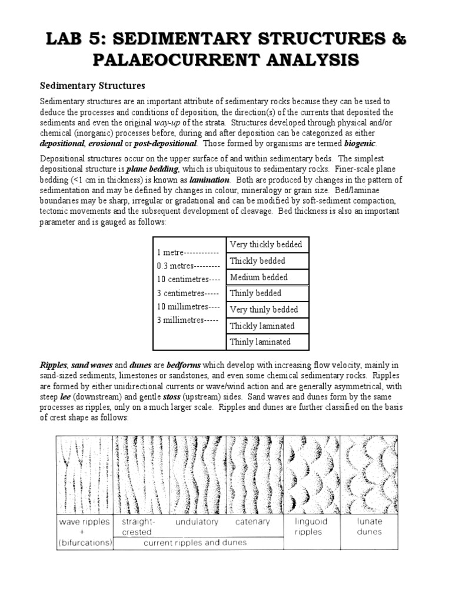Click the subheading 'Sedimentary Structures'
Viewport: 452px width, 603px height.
[92, 86]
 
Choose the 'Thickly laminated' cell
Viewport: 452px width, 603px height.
[262, 326]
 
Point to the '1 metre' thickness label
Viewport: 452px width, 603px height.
[188, 252]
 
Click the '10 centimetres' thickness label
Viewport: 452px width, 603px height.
[189, 279]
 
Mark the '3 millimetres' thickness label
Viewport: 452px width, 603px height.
[187, 320]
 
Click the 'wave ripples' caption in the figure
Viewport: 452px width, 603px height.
[85, 521]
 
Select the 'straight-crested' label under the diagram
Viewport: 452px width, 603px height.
[138, 526]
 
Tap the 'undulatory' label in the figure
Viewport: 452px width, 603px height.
[197, 522]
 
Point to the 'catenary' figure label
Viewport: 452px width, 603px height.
[252, 522]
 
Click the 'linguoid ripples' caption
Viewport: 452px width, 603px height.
[311, 526]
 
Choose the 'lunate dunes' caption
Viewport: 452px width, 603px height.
[369, 526]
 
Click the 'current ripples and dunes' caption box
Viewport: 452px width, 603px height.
[195, 542]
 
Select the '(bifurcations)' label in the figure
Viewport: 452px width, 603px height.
[85, 542]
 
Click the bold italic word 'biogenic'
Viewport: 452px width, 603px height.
[357, 144]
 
